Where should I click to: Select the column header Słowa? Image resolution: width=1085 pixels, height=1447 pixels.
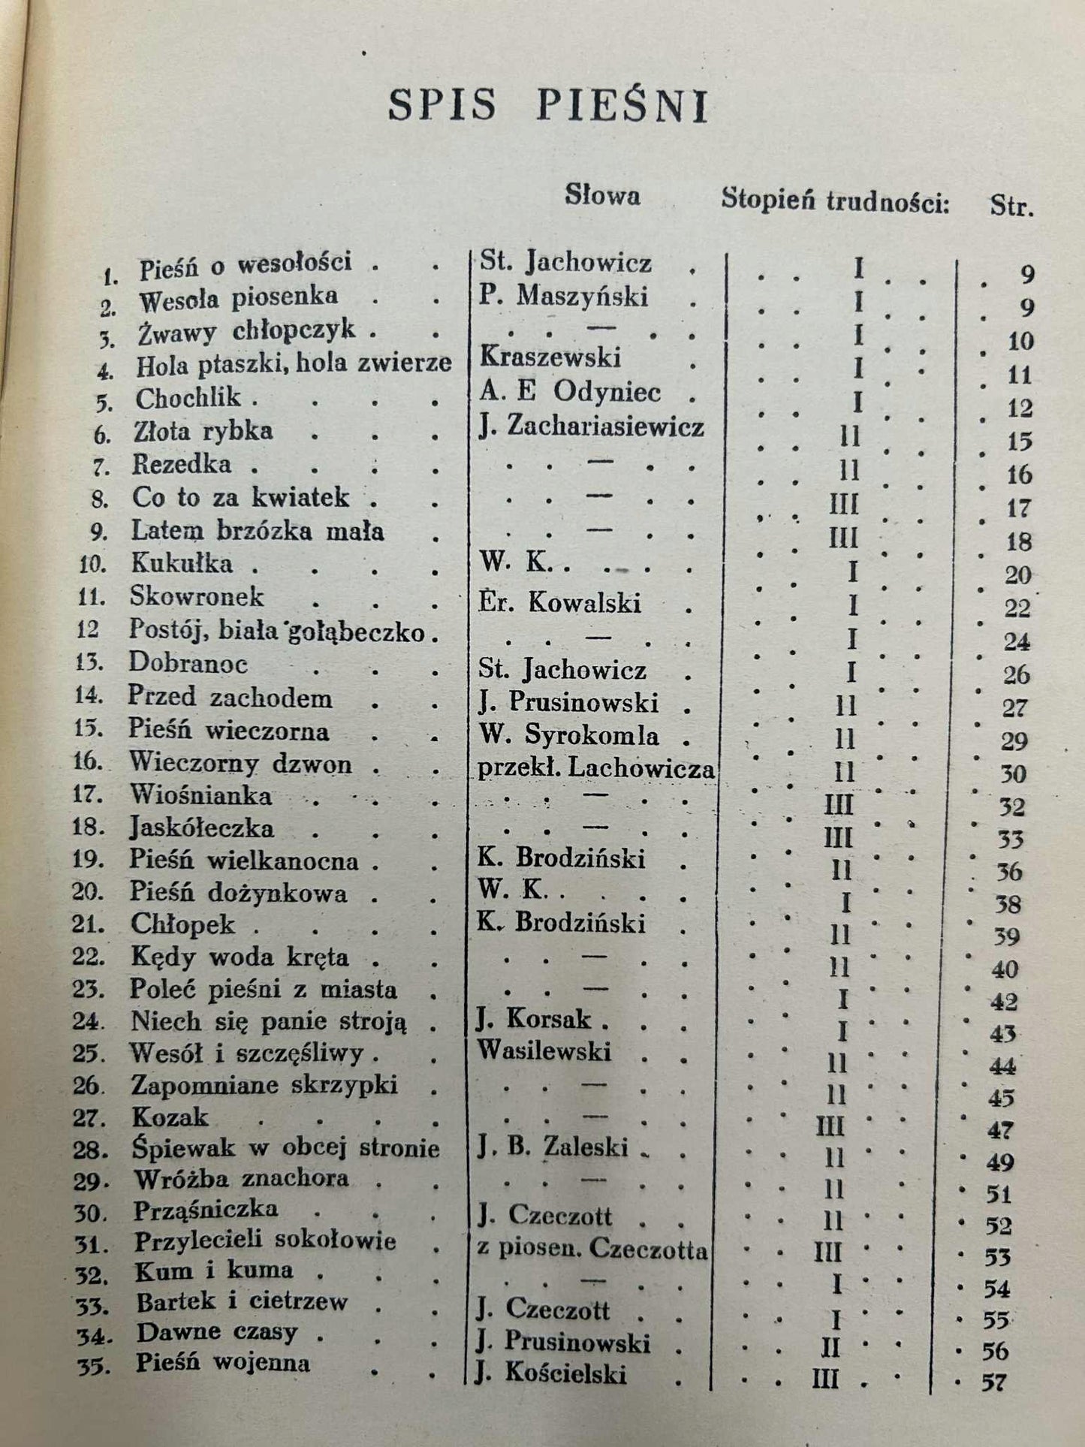point(602,196)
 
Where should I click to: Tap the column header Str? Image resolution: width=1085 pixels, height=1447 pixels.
point(1011,206)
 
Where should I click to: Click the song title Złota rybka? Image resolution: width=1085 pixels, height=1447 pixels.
point(203,431)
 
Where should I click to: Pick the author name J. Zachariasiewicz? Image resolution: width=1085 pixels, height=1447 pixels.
point(592,427)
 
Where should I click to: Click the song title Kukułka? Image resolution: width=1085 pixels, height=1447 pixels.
point(181,563)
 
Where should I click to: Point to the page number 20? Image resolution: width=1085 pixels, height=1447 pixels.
point(1018,575)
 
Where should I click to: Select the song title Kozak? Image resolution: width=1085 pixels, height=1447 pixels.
point(170,1117)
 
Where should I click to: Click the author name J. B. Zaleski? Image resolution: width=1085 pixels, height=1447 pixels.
point(552,1147)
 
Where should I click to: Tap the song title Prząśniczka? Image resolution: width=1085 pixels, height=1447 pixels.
point(206,1210)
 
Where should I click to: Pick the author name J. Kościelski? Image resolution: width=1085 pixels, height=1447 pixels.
point(552,1373)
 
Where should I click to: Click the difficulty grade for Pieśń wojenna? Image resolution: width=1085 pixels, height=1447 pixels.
point(826,1379)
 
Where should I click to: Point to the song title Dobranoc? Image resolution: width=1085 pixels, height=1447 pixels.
point(188,663)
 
